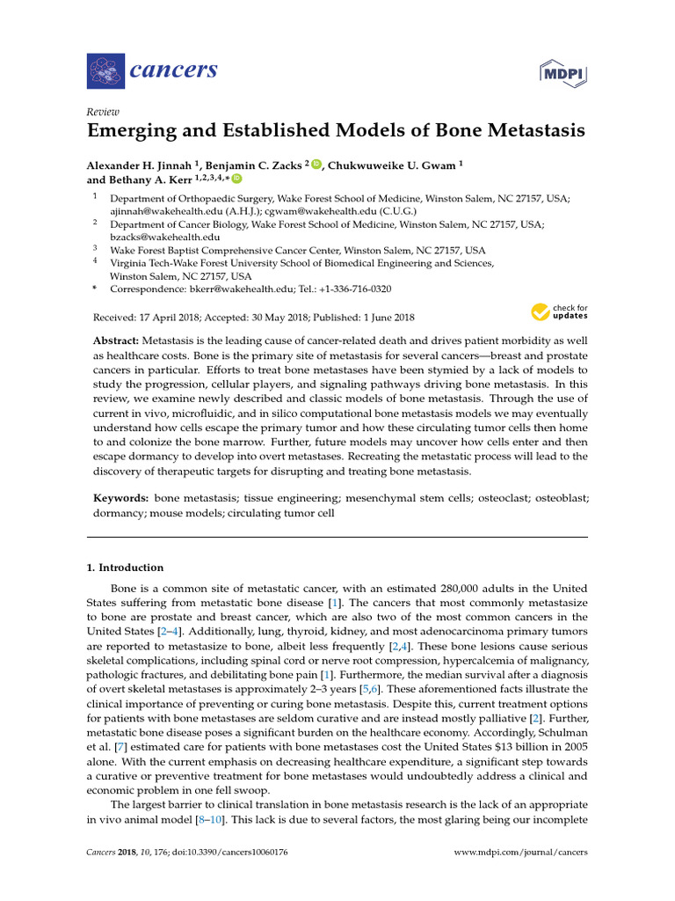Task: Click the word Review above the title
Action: (x=103, y=111)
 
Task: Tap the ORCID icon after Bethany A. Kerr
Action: (x=236, y=179)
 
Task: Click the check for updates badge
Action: (x=559, y=312)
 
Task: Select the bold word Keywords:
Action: (x=121, y=498)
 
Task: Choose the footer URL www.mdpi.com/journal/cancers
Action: (x=520, y=853)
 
